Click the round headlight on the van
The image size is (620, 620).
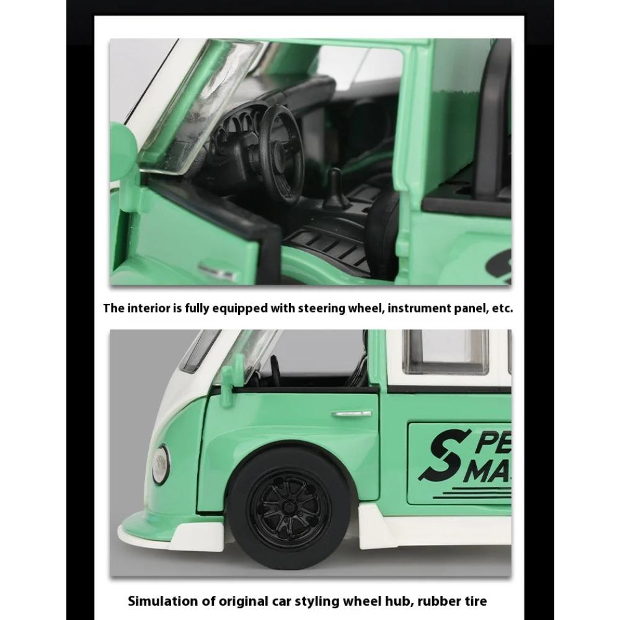(x=161, y=464)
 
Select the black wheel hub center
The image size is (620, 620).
(x=289, y=507)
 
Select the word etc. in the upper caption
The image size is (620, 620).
(x=500, y=308)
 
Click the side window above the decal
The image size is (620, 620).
(x=445, y=352)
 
